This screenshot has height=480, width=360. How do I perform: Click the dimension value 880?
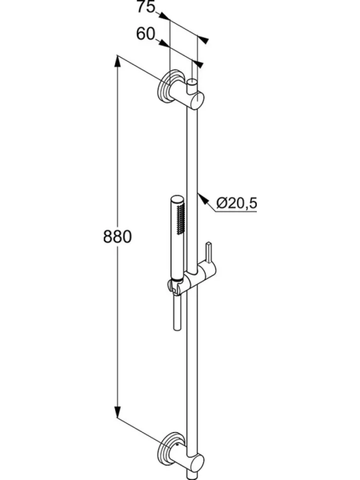pos(117,237)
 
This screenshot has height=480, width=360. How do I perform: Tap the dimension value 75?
pos(146,7)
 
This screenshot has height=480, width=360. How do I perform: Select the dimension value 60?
pos(146,34)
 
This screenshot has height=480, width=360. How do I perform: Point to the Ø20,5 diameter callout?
pos(236,203)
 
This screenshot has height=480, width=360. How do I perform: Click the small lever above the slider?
pos(209,252)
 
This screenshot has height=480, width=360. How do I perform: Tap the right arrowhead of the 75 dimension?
pos(203,40)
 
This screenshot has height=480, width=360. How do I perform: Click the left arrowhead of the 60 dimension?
pos(164,43)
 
